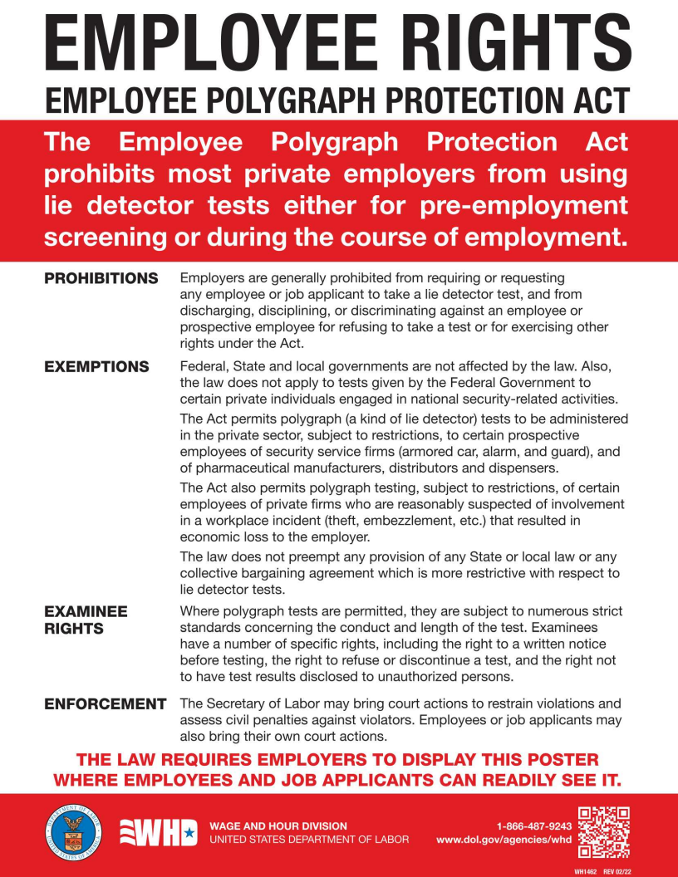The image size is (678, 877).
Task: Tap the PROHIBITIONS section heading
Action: [x=101, y=278]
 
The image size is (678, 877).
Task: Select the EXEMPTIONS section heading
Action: [x=96, y=367]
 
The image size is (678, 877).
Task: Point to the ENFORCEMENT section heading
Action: [x=105, y=704]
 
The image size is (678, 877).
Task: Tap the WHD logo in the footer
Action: [x=160, y=833]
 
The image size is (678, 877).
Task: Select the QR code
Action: [x=604, y=832]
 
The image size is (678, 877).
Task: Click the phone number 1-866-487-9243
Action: [x=534, y=826]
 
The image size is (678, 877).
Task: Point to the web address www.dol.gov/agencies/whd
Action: [x=504, y=840]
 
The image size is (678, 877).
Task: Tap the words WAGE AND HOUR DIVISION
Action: [x=278, y=826]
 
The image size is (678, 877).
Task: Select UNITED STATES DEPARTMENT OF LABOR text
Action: [x=309, y=840]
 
